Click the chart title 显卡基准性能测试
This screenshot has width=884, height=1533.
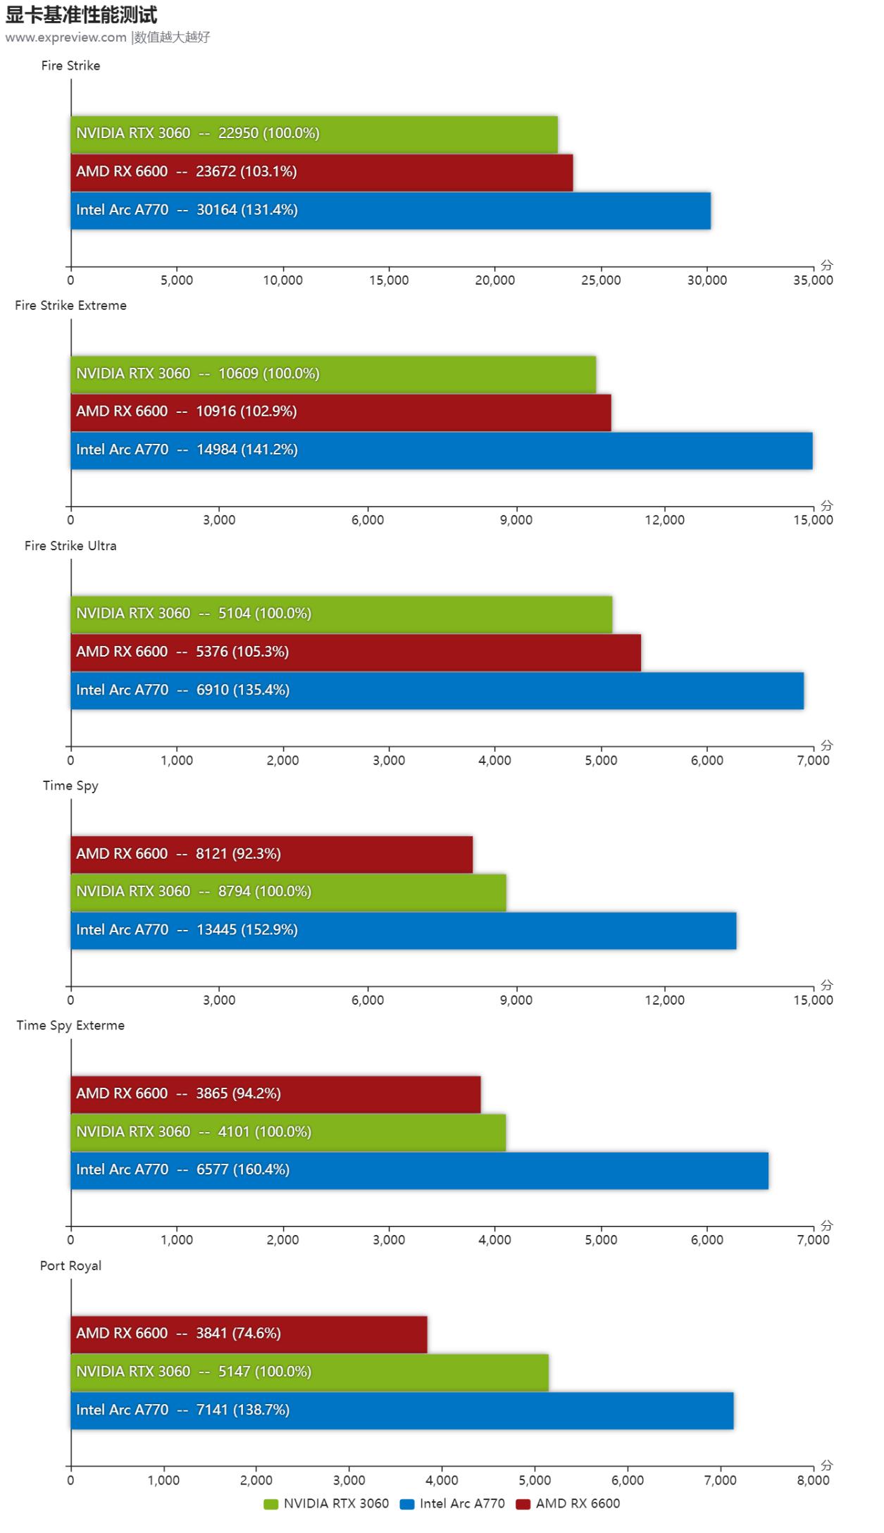click(82, 14)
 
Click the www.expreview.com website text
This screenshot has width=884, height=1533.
click(66, 37)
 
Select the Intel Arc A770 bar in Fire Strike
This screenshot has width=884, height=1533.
click(390, 210)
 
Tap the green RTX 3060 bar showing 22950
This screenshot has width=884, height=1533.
click(314, 134)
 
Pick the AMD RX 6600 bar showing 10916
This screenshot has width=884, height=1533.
click(341, 412)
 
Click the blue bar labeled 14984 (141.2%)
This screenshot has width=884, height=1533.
click(441, 450)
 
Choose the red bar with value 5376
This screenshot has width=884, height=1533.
click(356, 652)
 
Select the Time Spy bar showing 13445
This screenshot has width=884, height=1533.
click(403, 931)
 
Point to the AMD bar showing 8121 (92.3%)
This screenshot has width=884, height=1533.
click(271, 854)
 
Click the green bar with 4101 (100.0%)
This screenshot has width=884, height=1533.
click(288, 1132)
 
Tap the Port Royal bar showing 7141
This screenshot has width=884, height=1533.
click(401, 1410)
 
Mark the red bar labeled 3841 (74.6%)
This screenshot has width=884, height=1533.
click(249, 1334)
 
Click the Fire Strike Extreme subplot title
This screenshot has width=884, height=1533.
click(70, 306)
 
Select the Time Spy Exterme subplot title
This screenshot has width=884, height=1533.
click(70, 1026)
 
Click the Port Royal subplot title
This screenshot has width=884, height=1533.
click(70, 1266)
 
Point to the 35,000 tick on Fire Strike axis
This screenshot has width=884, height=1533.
click(813, 280)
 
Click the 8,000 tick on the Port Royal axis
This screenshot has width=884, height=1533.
click(813, 1480)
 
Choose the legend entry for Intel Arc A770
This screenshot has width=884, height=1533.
click(452, 1503)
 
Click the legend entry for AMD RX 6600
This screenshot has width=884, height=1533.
click(568, 1503)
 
